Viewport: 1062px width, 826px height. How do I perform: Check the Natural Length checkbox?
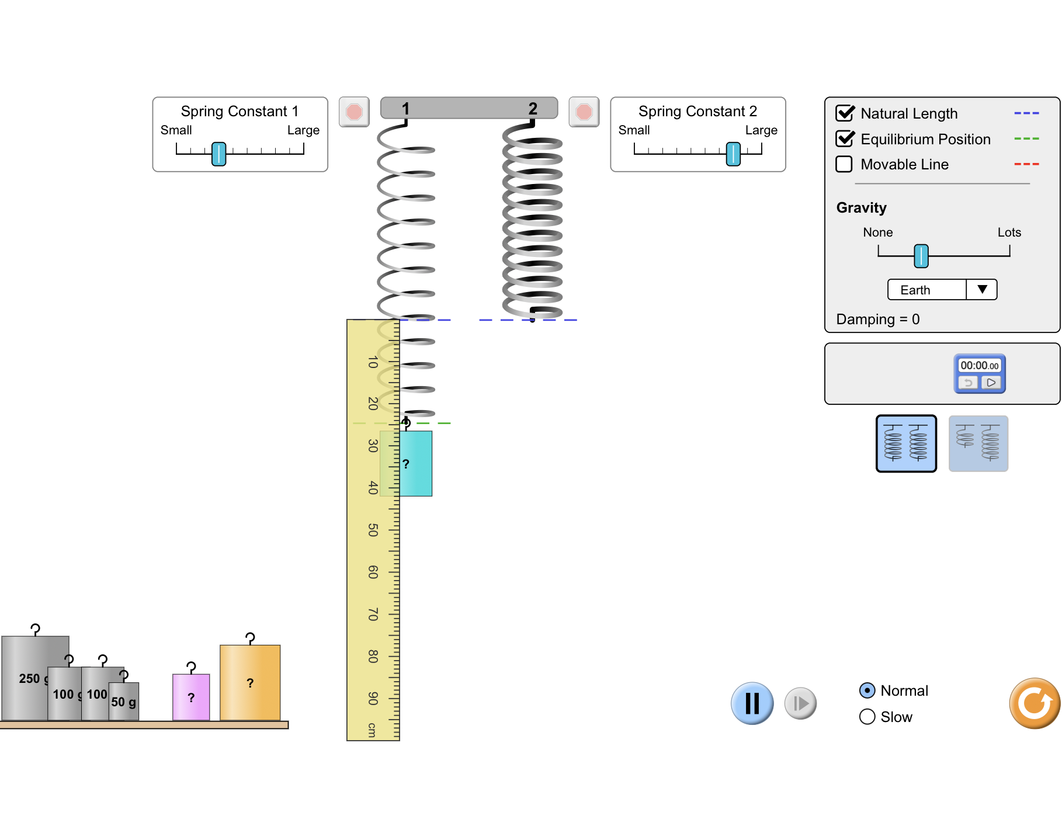(845, 113)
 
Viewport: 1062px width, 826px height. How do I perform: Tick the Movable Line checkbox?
(844, 164)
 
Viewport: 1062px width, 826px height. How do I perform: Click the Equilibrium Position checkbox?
(845, 139)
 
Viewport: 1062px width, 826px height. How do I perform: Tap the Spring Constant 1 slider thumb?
(218, 154)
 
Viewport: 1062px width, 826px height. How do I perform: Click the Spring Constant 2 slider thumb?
(733, 154)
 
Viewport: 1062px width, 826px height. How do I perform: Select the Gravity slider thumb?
(921, 256)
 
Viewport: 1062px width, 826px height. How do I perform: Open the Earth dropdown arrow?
(982, 290)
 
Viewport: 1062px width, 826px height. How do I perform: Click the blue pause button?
(752, 703)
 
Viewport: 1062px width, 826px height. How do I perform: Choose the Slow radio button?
(867, 717)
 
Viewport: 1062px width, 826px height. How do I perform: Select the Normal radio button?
(867, 690)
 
